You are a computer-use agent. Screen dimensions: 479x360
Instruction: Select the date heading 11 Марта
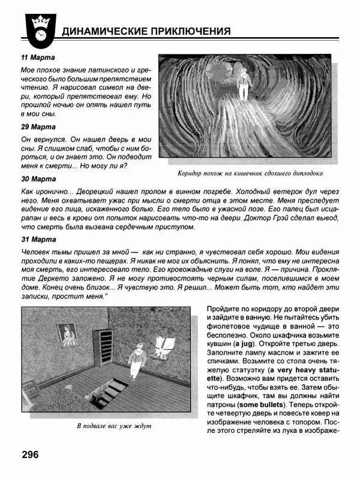tap(38, 58)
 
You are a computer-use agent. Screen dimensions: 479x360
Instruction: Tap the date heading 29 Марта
tap(38, 127)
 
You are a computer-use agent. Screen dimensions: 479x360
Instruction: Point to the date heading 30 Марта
tap(38, 179)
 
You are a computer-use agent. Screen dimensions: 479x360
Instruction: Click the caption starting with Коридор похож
tap(250, 174)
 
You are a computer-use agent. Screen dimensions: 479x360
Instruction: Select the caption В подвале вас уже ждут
tap(114, 426)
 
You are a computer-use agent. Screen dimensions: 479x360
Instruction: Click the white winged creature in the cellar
tap(163, 347)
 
